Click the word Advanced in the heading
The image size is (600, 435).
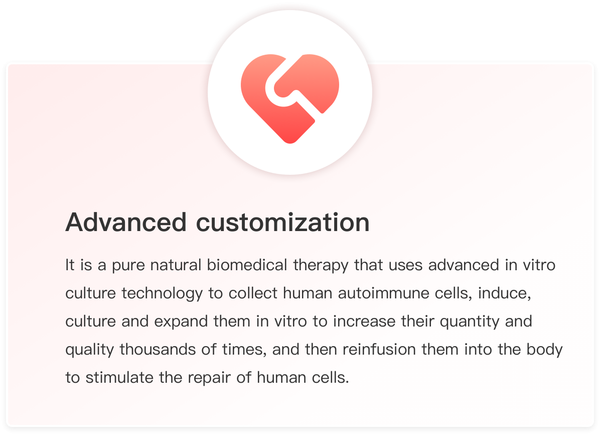click(126, 223)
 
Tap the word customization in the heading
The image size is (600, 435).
click(283, 223)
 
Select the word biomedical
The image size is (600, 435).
click(247, 265)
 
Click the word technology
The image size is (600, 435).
click(162, 293)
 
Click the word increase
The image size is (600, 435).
click(364, 321)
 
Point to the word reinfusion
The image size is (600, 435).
click(379, 350)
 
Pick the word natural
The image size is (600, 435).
click(176, 265)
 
